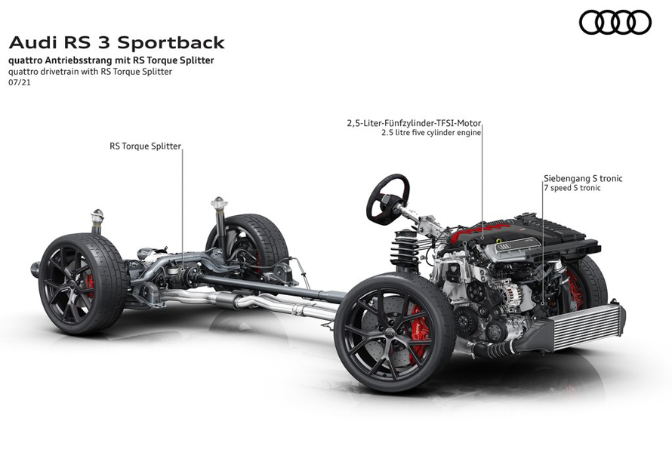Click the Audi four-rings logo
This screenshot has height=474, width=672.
pyautogui.click(x=615, y=23)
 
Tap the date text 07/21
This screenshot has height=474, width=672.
pyautogui.click(x=18, y=83)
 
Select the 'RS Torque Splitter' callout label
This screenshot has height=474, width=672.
pyautogui.click(x=145, y=146)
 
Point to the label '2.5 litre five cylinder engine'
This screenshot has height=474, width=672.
pyautogui.click(x=431, y=133)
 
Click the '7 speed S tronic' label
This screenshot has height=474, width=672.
pyautogui.click(x=572, y=188)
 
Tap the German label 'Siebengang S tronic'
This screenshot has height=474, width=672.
pyautogui.click(x=583, y=179)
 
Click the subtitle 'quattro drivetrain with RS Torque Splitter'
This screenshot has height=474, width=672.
pyautogui.click(x=91, y=72)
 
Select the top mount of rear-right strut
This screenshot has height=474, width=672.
pyautogui.click(x=219, y=204)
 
